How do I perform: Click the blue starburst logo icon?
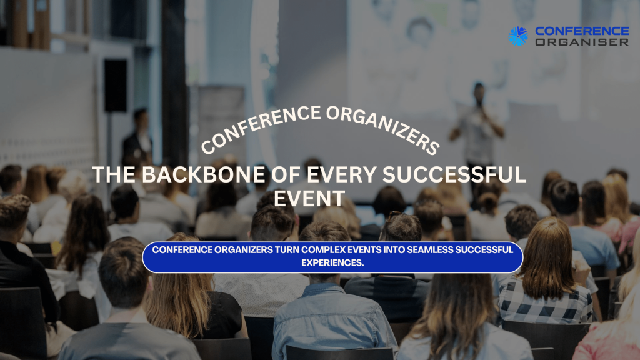[x=518, y=36]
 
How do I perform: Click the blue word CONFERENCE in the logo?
[x=582, y=31]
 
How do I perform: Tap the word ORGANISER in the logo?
[x=582, y=42]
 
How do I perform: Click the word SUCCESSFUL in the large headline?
[x=454, y=175]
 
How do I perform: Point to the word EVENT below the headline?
[x=309, y=199]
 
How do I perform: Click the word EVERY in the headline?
[x=342, y=175]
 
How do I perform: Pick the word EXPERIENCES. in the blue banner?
[x=332, y=263]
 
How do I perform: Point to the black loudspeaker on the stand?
[x=116, y=86]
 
